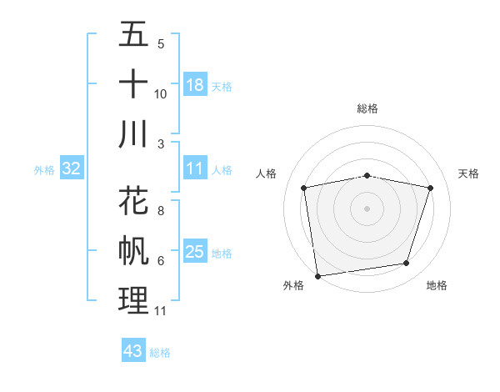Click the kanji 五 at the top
133,35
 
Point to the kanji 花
133,202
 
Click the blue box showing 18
195,85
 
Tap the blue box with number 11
195,169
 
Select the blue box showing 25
195,253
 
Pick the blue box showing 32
71,169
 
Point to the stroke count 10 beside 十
161,93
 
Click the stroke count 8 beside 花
160,211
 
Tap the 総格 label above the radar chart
367,108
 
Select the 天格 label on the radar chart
468,173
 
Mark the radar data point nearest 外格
317,275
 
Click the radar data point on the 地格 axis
407,264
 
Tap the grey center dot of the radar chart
367,208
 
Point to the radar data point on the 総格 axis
367,175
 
